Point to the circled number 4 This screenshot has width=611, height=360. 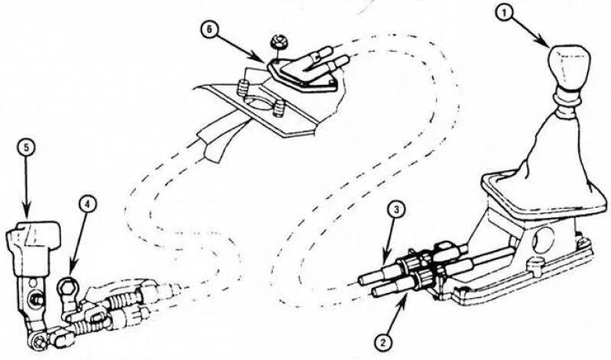(x=89, y=204)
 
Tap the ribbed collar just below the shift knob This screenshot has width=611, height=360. (x=567, y=96)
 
